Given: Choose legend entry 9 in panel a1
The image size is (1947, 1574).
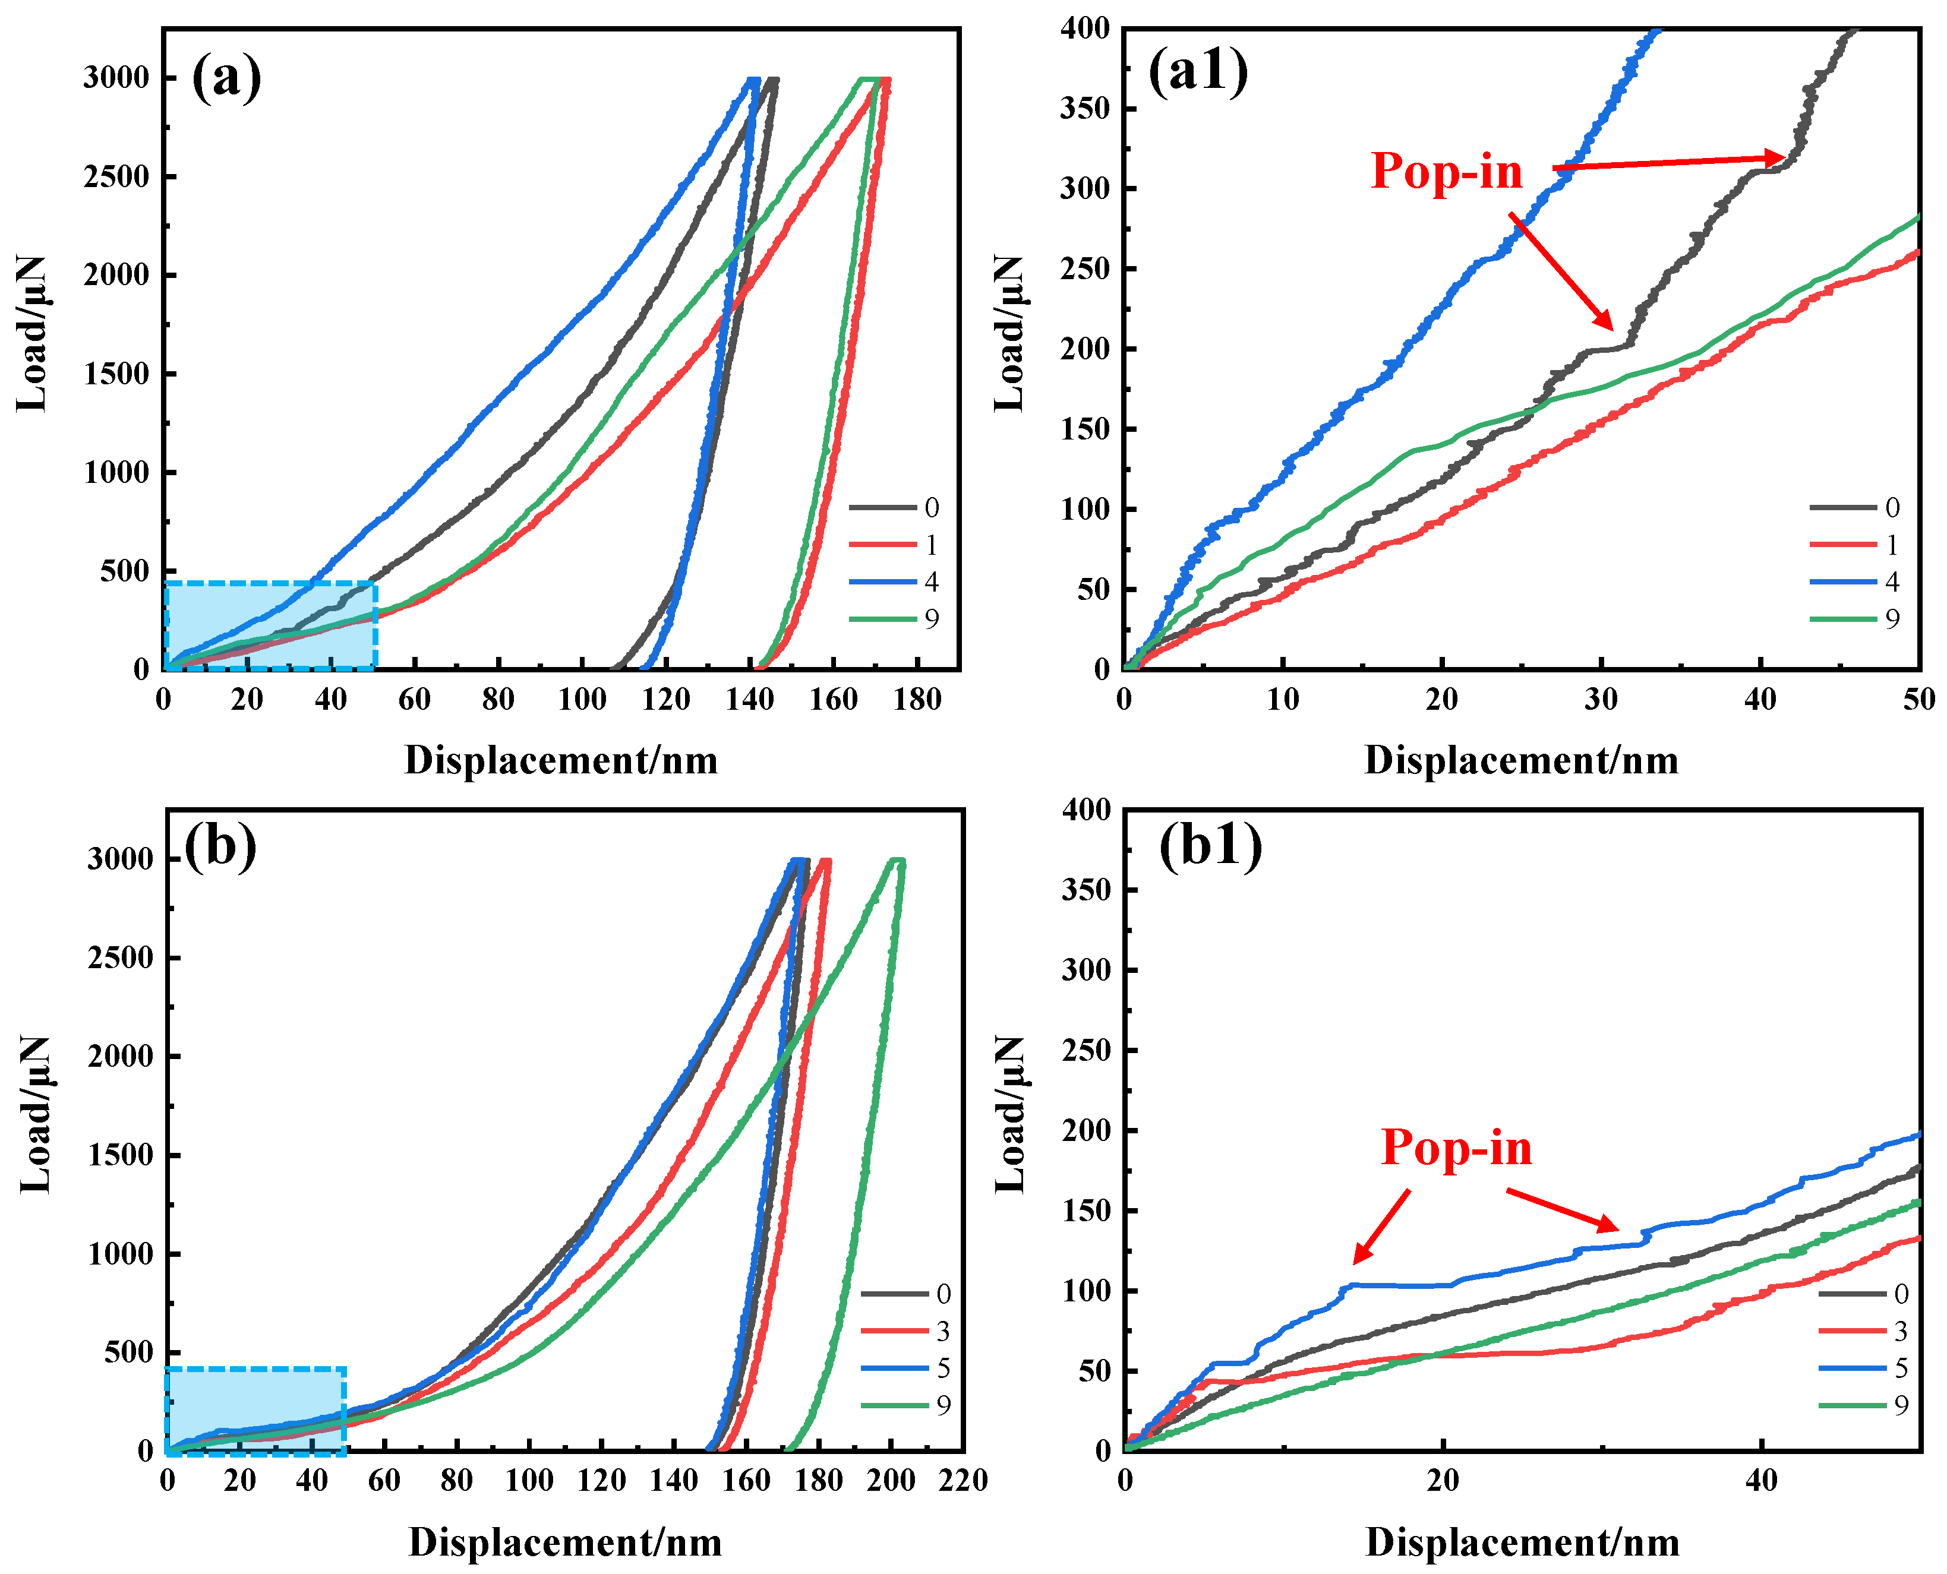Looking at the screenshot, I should (1892, 618).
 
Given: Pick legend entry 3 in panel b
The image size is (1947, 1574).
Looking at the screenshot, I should (942, 1331).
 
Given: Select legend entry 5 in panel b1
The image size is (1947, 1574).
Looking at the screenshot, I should (1901, 1367).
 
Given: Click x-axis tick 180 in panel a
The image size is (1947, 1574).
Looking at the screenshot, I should (917, 699).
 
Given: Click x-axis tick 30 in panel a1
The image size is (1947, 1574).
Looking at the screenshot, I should (1601, 699).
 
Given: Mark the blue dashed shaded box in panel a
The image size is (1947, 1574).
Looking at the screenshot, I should (270, 625).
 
